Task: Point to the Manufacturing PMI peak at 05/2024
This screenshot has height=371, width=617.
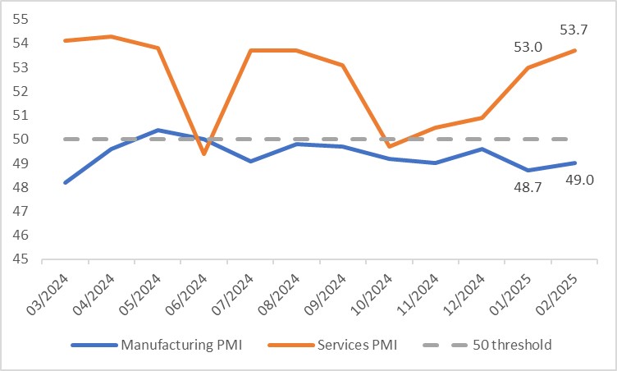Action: click(x=158, y=130)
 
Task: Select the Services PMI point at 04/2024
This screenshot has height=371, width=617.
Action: click(x=111, y=36)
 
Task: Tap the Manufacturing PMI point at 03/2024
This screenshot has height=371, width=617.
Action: click(x=65, y=182)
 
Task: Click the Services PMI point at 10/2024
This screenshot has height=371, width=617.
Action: click(x=389, y=146)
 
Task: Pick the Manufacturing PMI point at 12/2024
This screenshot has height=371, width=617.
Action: click(x=482, y=149)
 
